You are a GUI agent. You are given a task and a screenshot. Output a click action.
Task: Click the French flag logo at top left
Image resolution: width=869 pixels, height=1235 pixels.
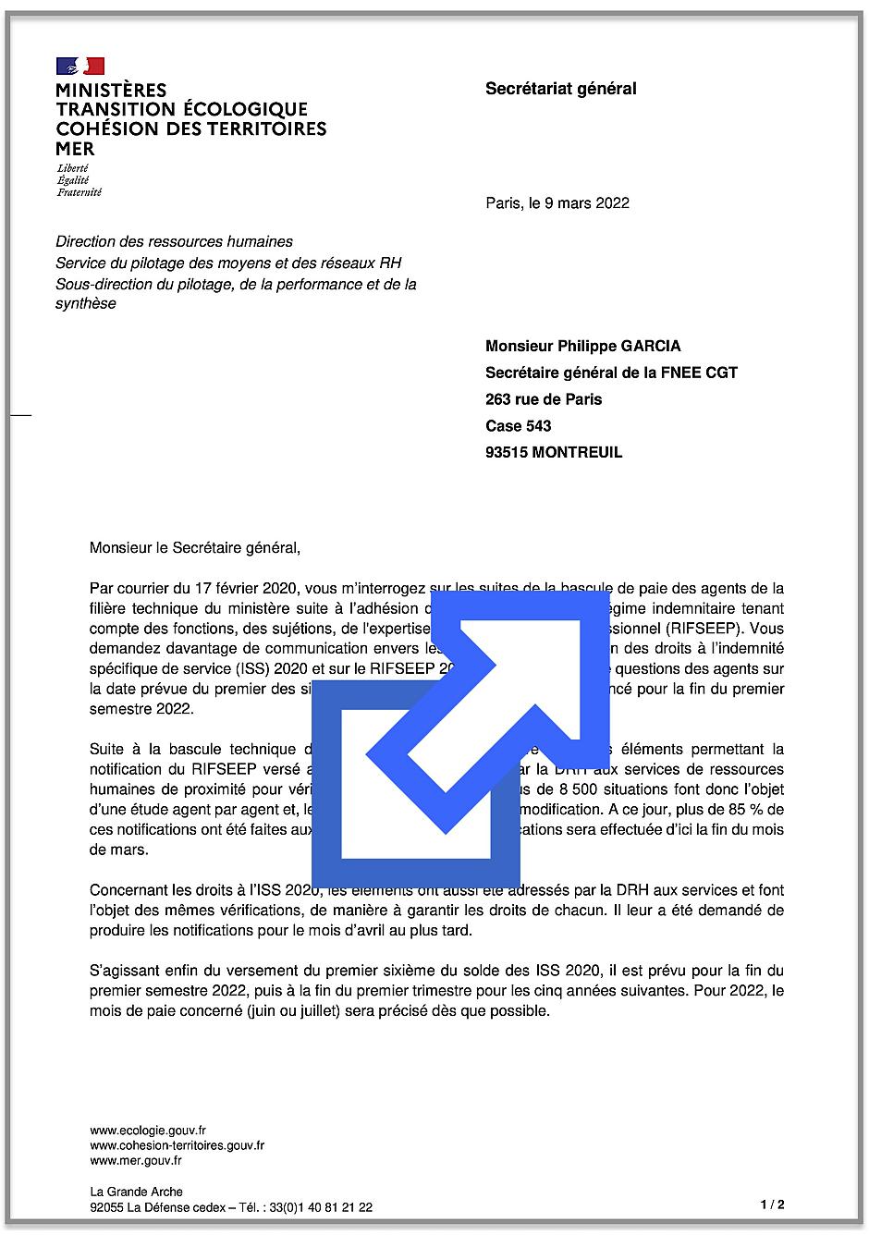click(x=80, y=66)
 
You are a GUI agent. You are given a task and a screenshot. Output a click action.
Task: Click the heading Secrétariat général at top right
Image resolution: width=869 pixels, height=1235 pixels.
click(x=560, y=89)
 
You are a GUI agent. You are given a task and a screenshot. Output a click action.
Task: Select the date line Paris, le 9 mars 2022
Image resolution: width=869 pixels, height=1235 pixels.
click(x=557, y=203)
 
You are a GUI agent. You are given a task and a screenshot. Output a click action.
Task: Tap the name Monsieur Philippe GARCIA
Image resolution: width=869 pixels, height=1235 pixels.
click(x=582, y=347)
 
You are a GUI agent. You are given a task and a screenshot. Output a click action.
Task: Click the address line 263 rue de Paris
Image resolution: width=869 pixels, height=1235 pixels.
click(x=544, y=399)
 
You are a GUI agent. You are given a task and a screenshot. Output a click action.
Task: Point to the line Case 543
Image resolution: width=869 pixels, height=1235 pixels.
click(x=518, y=426)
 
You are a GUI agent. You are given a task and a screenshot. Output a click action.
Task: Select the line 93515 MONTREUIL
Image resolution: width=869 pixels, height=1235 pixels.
click(x=554, y=453)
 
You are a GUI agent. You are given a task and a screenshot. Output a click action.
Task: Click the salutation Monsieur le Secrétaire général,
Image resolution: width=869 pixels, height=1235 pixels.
click(x=195, y=547)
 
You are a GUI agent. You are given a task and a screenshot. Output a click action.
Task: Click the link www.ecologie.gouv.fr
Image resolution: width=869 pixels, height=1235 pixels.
click(x=148, y=1130)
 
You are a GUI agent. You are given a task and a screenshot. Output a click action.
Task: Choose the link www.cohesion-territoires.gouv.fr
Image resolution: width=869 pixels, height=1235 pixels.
click(x=177, y=1145)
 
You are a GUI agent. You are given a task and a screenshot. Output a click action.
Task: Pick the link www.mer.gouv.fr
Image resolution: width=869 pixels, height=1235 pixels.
click(x=136, y=1161)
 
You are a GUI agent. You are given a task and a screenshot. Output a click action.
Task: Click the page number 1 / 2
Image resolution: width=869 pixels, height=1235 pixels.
click(x=772, y=1204)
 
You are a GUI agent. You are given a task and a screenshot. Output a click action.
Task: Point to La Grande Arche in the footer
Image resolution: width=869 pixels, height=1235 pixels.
click(x=136, y=1192)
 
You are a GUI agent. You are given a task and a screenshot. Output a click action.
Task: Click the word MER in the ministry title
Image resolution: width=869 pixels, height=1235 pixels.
click(x=75, y=149)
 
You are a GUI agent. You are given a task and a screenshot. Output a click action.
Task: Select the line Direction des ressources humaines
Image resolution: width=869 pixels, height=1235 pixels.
click(x=174, y=242)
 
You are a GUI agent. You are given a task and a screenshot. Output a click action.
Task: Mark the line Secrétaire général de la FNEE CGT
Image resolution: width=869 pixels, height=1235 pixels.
click(x=611, y=373)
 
